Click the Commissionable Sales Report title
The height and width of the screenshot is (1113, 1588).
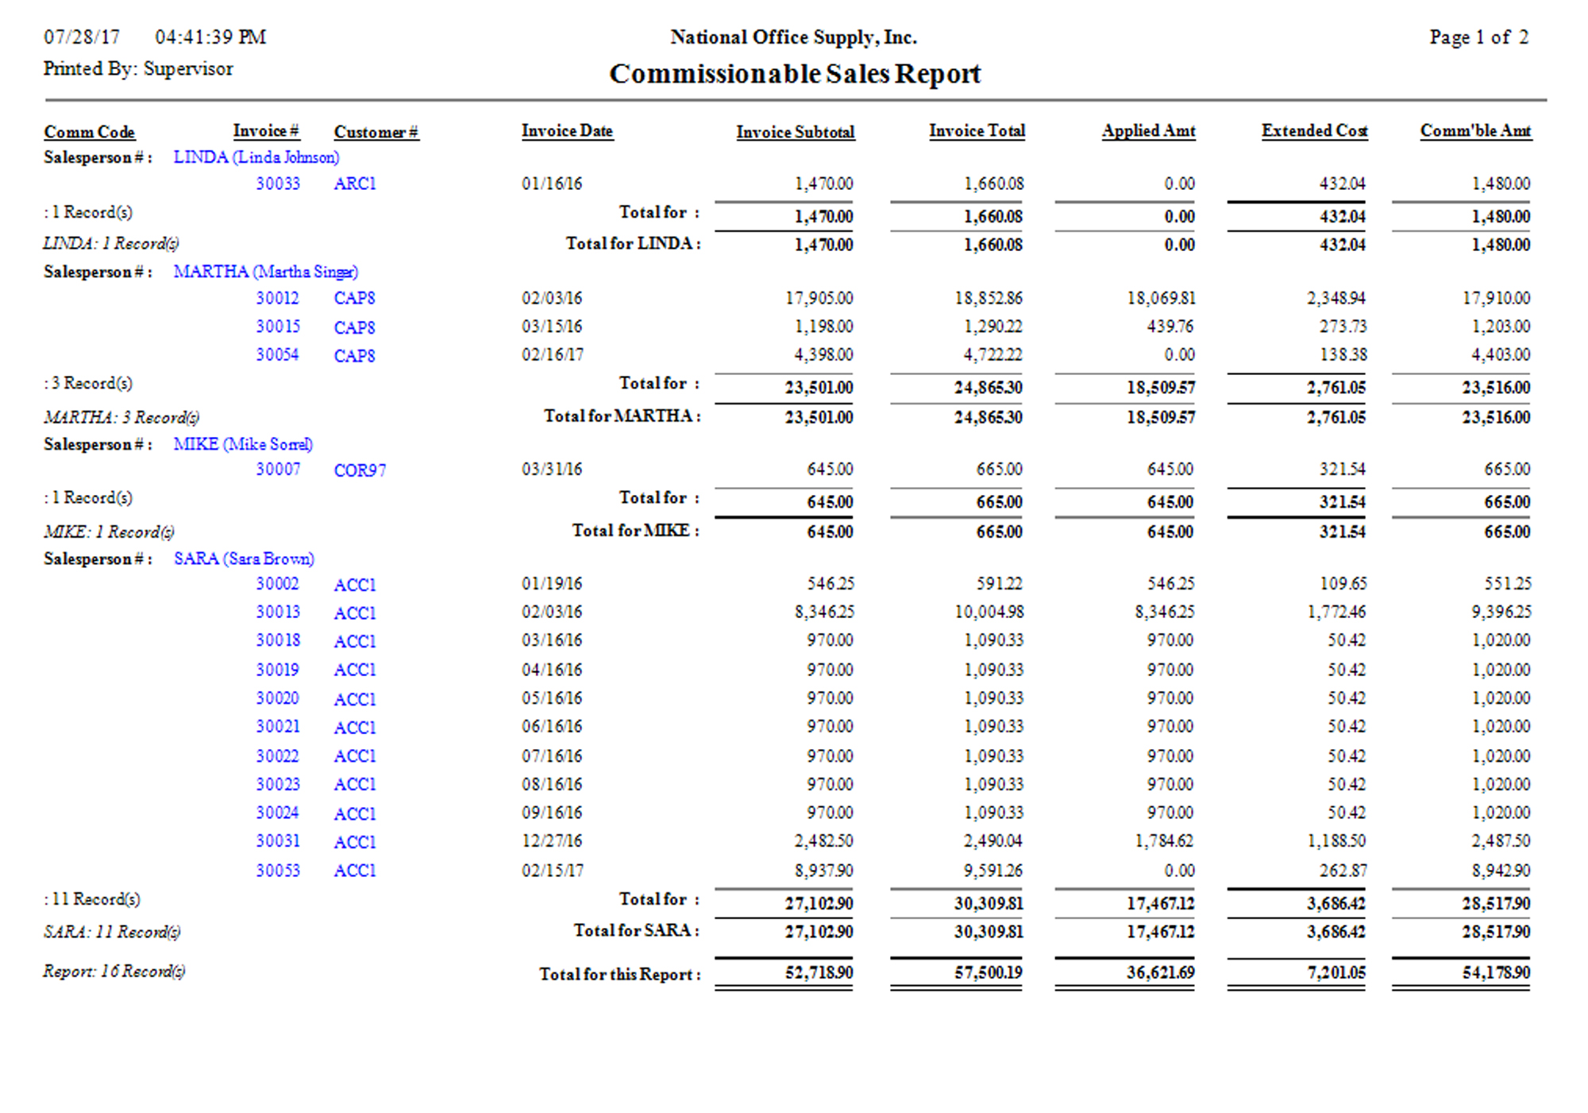[x=795, y=74]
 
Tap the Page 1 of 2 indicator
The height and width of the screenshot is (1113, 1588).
[x=1478, y=37]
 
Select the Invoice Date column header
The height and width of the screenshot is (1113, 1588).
[x=567, y=131]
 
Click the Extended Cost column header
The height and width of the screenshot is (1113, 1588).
[x=1314, y=131]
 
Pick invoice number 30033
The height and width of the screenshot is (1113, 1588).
[x=278, y=184]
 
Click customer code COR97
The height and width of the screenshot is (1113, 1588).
[x=360, y=470]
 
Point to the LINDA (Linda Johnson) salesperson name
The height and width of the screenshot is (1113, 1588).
[x=256, y=157]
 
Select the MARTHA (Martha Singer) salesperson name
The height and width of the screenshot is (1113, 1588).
[x=266, y=272]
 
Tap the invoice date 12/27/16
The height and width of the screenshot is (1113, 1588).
[x=552, y=841]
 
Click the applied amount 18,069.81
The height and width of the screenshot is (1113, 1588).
[x=1161, y=298]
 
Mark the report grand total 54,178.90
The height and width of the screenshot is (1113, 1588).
[x=1496, y=972]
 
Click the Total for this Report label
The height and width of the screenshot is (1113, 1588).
[x=619, y=974]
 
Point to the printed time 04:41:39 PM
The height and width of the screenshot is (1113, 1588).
[x=210, y=37]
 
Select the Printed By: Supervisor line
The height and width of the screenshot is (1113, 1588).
[x=138, y=69]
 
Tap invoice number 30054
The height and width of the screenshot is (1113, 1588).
[x=278, y=354]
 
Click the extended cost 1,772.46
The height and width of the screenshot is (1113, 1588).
[x=1336, y=612]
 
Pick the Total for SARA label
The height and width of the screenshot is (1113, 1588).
[x=636, y=930]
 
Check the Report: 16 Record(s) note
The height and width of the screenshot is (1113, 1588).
[x=114, y=971]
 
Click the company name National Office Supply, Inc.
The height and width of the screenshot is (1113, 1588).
[x=793, y=37]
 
